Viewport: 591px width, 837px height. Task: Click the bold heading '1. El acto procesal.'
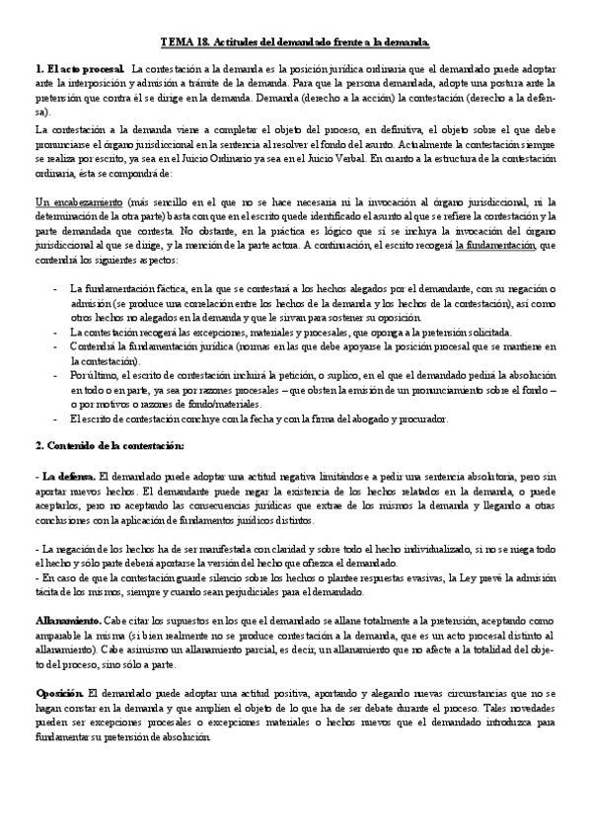point(78,69)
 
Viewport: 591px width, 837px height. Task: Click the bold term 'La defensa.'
point(65,476)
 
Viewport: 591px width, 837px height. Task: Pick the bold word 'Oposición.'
point(60,689)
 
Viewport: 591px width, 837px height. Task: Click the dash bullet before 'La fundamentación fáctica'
point(54,288)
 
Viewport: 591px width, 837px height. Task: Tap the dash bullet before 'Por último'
point(54,376)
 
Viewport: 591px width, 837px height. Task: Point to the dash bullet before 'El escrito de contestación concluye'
point(54,418)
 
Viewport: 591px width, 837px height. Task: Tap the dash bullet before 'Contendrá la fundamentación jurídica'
point(54,346)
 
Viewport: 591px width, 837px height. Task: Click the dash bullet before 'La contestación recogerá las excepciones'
point(54,333)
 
